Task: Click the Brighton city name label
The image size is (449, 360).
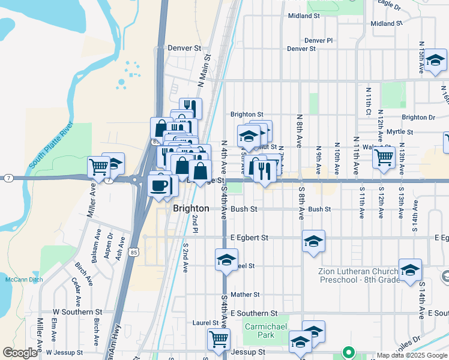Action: (x=191, y=209)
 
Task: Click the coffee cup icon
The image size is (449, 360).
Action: (x=160, y=185)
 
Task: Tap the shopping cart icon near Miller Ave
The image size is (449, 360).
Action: (x=99, y=166)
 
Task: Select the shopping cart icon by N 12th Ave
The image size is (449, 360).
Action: (x=384, y=158)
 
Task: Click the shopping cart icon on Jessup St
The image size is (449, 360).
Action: (x=219, y=340)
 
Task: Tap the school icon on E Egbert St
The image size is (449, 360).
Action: (x=313, y=241)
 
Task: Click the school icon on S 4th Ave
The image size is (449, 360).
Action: (x=226, y=260)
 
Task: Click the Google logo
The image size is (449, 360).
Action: (x=20, y=353)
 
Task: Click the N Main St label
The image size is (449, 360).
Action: (x=205, y=70)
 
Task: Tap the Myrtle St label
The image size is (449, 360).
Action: (x=399, y=131)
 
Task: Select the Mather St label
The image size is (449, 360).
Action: (x=244, y=295)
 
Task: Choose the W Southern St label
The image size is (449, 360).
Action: (x=73, y=312)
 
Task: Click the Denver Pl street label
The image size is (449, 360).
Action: (x=318, y=41)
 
